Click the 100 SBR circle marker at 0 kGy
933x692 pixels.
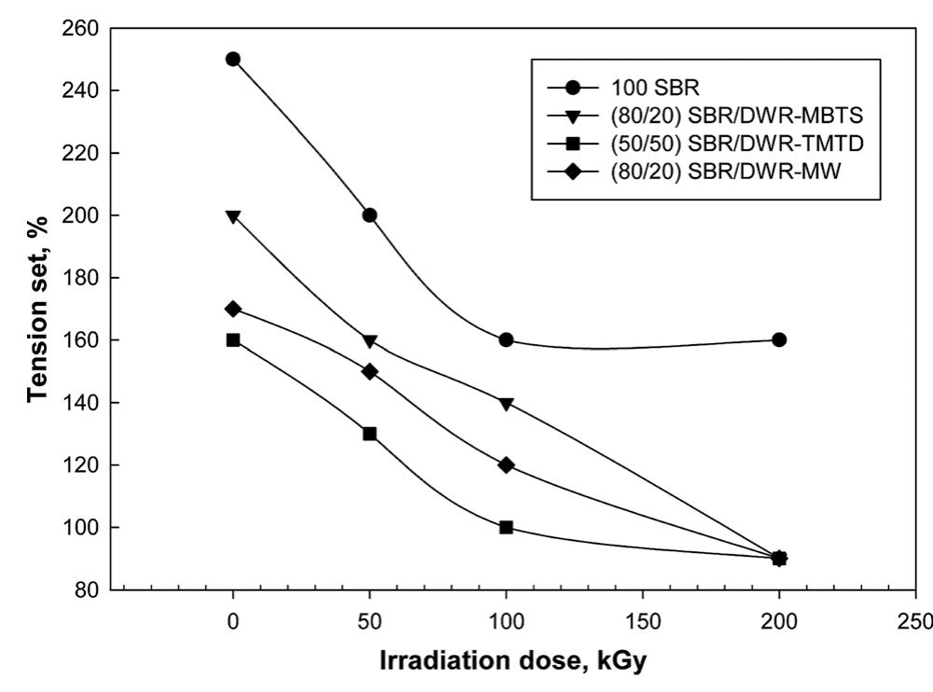(233, 59)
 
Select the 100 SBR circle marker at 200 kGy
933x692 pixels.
(779, 339)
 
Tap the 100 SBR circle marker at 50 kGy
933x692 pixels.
(370, 215)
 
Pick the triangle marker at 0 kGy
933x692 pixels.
(233, 216)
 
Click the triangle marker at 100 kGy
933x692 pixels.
(506, 403)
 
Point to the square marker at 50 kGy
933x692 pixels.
(370, 434)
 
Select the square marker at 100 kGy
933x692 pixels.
(506, 527)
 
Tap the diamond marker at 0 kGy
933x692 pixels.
(233, 309)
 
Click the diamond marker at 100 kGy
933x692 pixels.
(506, 464)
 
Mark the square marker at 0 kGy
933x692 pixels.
(233, 339)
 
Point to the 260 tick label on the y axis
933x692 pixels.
(78, 28)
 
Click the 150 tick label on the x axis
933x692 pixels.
(642, 620)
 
